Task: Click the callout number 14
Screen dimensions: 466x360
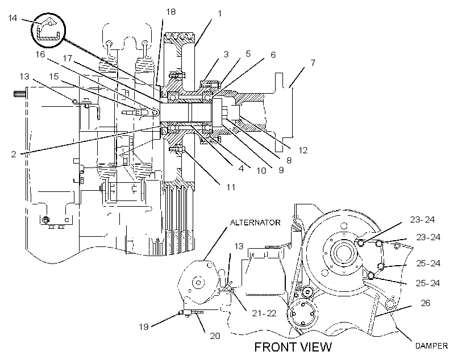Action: click(13, 18)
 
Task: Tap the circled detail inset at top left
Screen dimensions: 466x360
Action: click(48, 30)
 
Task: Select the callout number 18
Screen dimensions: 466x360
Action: click(171, 12)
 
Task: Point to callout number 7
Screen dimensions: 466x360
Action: click(313, 63)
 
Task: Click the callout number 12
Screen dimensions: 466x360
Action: click(302, 150)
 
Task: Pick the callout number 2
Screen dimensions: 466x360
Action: click(14, 154)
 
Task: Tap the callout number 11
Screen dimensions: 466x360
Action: click(231, 187)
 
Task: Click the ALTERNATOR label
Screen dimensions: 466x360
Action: click(255, 223)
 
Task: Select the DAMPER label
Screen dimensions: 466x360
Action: click(431, 346)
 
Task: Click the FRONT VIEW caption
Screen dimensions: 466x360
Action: click(293, 347)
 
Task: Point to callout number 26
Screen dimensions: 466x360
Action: click(426, 303)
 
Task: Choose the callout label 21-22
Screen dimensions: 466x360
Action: click(264, 313)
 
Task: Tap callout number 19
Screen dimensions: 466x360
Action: click(144, 326)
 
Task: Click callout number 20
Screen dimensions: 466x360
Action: click(215, 336)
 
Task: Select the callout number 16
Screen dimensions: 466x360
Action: click(40, 55)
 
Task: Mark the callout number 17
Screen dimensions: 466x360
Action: click(68, 58)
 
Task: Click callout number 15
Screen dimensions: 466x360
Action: click(54, 76)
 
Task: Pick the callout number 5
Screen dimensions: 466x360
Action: click(248, 54)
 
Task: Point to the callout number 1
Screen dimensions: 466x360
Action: click(219, 14)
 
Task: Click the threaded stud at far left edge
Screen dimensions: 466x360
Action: click(20, 94)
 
